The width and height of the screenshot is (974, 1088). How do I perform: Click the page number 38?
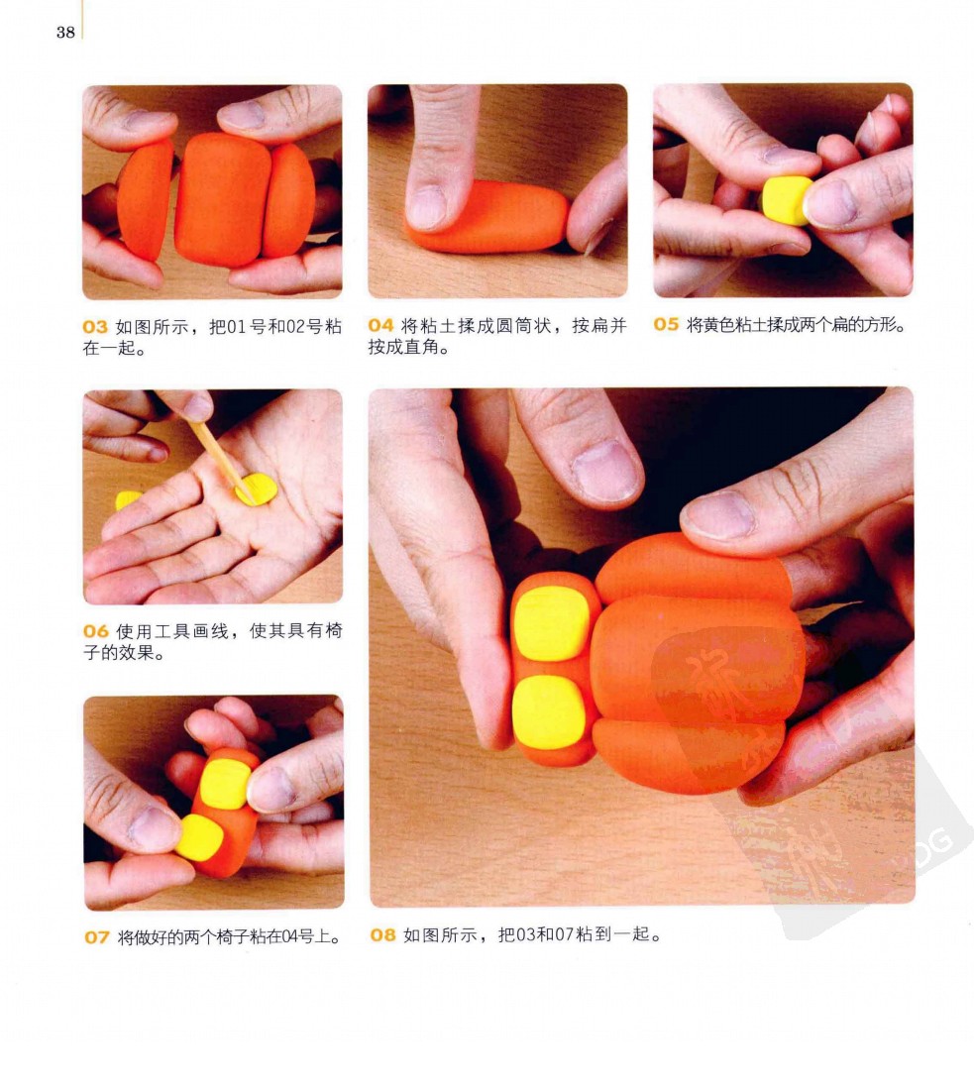point(66,32)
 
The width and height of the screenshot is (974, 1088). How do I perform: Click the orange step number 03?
point(95,327)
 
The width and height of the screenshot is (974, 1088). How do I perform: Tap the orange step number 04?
point(380,325)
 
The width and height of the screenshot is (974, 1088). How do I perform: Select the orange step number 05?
point(666,324)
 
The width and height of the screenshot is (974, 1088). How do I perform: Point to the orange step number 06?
point(96,631)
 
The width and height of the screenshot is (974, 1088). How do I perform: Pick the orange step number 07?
point(97,937)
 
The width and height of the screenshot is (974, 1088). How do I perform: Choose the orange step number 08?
point(382,934)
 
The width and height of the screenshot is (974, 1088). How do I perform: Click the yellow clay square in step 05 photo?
point(787,200)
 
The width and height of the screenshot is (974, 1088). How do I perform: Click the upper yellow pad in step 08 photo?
point(552,623)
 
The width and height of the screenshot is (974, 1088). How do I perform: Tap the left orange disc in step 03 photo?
point(145,198)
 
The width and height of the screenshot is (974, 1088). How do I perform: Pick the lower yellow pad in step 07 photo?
point(199,837)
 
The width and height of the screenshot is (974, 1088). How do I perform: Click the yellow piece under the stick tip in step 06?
point(257,490)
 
